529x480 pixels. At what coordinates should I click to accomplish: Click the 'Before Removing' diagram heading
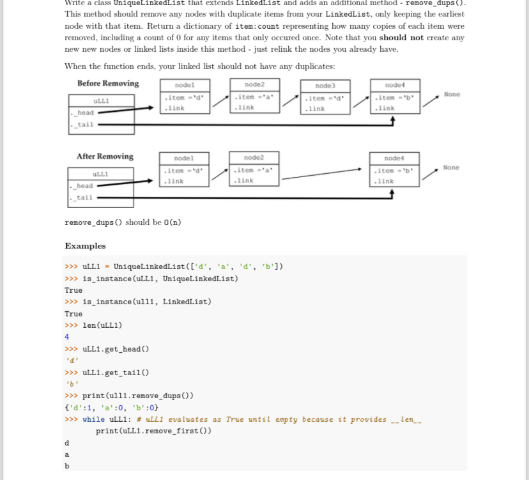[107, 84]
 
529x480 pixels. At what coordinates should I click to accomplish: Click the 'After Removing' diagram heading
[105, 157]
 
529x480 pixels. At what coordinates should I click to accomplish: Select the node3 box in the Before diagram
[326, 97]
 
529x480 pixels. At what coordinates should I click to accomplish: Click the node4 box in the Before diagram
[394, 97]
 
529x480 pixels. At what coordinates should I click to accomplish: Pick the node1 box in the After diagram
[185, 170]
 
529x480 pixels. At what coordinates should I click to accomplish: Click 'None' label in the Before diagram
[452, 95]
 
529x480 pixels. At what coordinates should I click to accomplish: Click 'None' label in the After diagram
[452, 167]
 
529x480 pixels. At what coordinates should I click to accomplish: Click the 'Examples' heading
[85, 246]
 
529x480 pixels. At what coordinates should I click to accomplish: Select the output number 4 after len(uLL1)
[67, 337]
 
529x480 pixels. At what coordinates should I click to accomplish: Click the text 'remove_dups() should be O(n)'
[122, 222]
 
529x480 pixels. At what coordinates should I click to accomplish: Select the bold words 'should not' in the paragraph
[401, 38]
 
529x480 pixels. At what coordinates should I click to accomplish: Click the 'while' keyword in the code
[93, 419]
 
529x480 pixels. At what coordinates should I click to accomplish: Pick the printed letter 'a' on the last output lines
[67, 454]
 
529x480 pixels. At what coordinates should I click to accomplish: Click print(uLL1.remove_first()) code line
[153, 431]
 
